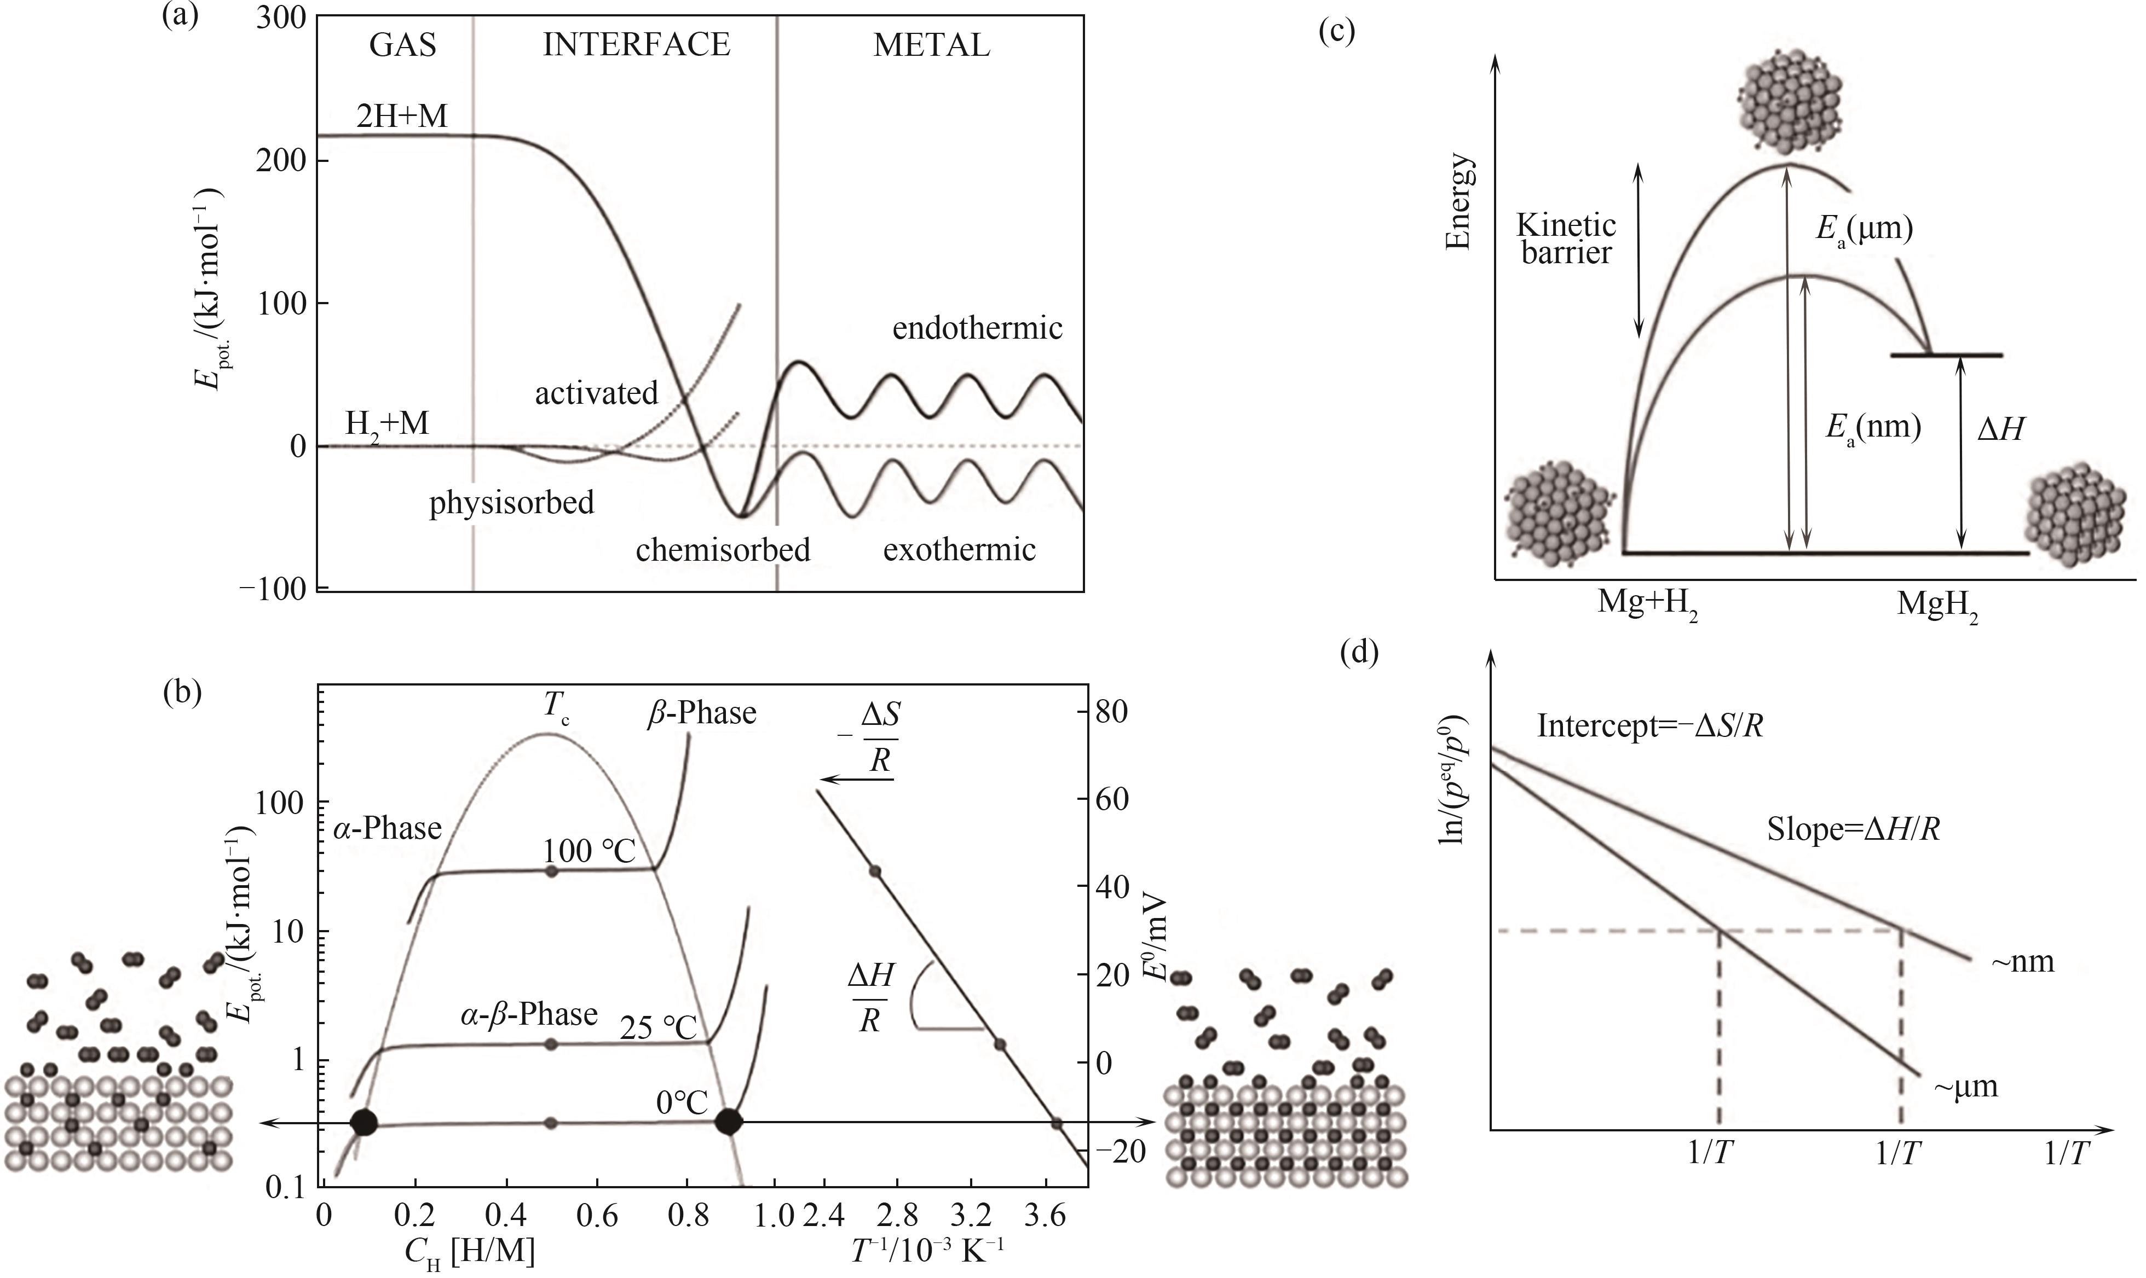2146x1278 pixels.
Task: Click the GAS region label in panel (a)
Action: click(402, 45)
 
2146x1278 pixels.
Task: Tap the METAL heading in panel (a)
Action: click(931, 45)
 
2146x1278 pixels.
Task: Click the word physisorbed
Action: click(512, 502)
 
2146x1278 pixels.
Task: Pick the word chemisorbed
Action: click(723, 549)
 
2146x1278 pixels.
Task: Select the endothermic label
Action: click(977, 328)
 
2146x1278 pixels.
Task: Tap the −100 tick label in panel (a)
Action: click(272, 590)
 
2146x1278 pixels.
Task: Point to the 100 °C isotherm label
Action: click(589, 851)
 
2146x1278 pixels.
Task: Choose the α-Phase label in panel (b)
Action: click(388, 828)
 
